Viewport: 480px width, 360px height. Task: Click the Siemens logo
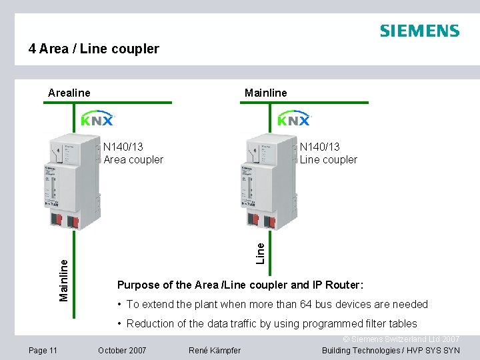pyautogui.click(x=419, y=31)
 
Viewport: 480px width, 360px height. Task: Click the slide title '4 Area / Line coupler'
pyautogui.click(x=94, y=49)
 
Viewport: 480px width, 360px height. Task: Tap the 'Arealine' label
pyautogui.click(x=69, y=93)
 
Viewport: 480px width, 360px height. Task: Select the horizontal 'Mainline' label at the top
pyautogui.click(x=265, y=93)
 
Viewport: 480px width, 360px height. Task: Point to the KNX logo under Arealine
pyautogui.click(x=97, y=119)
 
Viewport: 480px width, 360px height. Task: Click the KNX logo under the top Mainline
pyautogui.click(x=294, y=119)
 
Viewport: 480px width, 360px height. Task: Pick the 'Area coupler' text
pyautogui.click(x=133, y=159)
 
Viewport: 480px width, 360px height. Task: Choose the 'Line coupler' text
pyautogui.click(x=329, y=159)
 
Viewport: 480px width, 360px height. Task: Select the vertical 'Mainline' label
pyautogui.click(x=64, y=279)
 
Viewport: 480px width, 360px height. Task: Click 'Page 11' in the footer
pyautogui.click(x=43, y=350)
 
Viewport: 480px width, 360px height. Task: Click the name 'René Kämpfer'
pyautogui.click(x=215, y=350)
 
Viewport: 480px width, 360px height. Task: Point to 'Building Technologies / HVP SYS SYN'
pyautogui.click(x=391, y=350)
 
